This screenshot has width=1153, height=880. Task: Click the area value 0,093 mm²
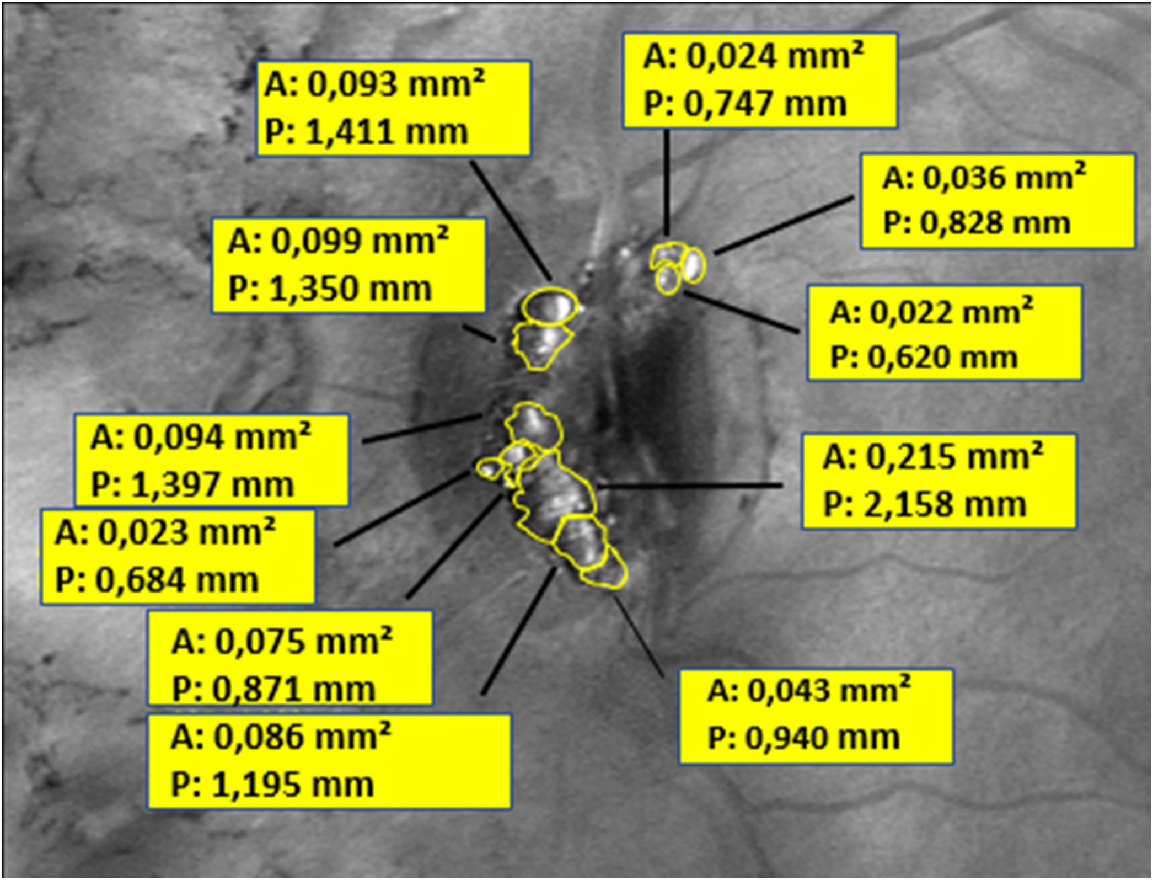[374, 86]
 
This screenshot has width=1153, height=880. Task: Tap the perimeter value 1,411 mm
[366, 133]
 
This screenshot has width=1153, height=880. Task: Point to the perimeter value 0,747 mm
[745, 104]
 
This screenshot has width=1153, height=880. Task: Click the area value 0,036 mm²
[984, 178]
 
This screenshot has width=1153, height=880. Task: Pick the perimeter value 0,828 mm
[977, 223]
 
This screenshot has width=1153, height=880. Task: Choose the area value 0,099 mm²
[338, 242]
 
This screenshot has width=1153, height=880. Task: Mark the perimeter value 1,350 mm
[330, 289]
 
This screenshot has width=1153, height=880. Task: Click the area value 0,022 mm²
[931, 313]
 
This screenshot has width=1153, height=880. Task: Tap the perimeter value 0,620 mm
[924, 358]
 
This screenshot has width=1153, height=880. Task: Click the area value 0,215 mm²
[933, 457]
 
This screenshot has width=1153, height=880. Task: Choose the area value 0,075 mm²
[282, 642]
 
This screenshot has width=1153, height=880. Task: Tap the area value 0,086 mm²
[281, 738]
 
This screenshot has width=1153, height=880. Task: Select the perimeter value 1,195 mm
[272, 785]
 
